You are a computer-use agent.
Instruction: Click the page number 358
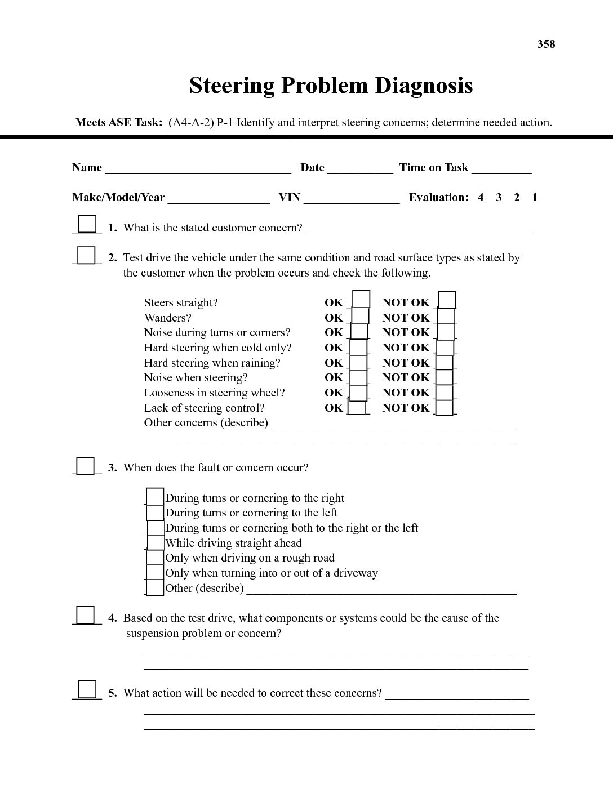(546, 44)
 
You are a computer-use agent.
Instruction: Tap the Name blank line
(198, 168)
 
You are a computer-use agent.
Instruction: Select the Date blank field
(360, 168)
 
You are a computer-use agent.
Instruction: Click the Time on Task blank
(501, 168)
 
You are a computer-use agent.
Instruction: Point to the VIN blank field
(352, 198)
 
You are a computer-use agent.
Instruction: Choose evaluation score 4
(481, 198)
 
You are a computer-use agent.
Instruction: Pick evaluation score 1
(535, 198)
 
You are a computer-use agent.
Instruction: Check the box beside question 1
(87, 224)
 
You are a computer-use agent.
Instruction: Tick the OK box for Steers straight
(361, 299)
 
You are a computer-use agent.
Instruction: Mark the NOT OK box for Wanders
(446, 317)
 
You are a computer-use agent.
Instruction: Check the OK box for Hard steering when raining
(359, 362)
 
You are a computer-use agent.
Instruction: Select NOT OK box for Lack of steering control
(445, 407)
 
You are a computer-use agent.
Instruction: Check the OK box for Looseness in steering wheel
(359, 391)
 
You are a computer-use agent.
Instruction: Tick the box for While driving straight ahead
(156, 542)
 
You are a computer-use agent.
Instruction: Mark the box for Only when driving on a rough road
(155, 558)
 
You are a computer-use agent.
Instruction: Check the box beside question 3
(86, 466)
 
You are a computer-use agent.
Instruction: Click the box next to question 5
(87, 690)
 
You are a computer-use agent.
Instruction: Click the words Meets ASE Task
(119, 123)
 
